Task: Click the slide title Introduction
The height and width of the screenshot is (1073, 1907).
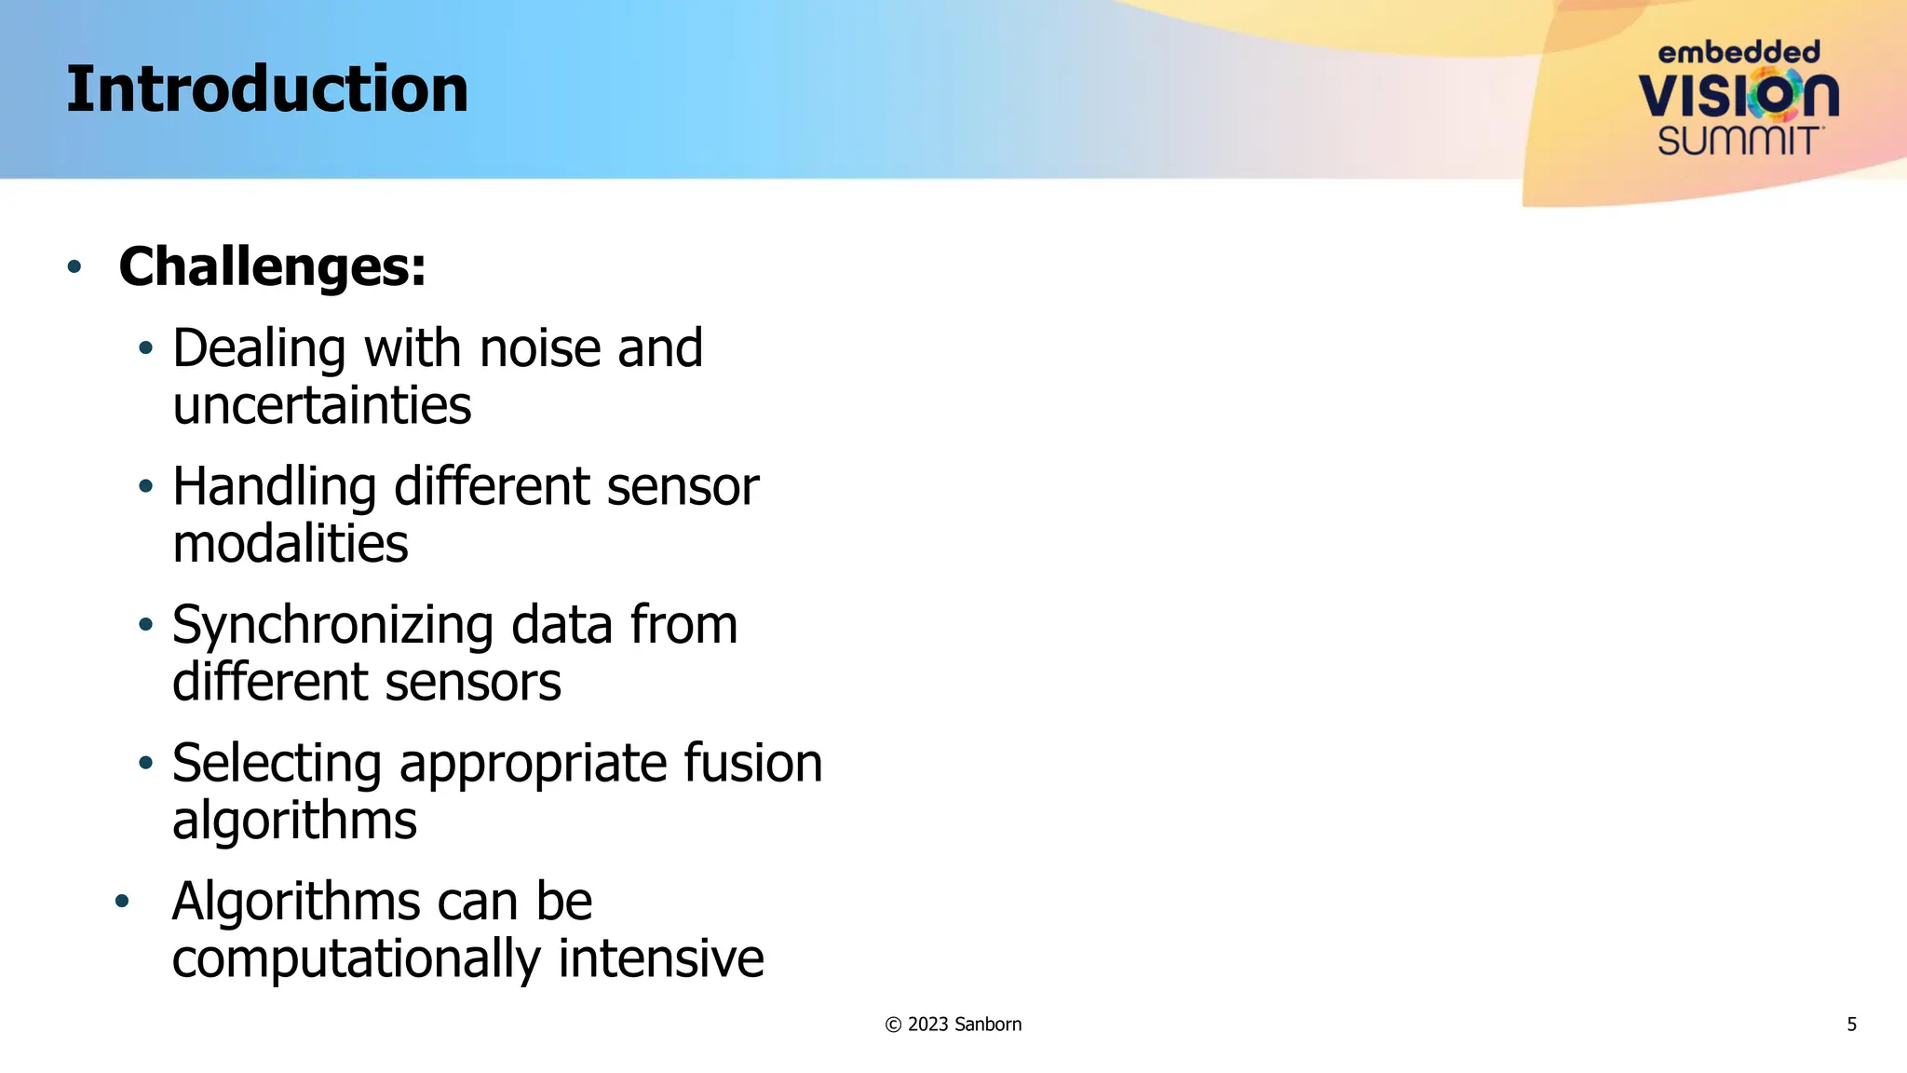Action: pyautogui.click(x=267, y=89)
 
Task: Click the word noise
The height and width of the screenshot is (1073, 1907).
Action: pyautogui.click(x=540, y=348)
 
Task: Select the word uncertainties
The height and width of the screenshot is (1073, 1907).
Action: pyautogui.click(x=322, y=406)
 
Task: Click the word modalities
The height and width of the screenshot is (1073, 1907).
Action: pyautogui.click(x=291, y=544)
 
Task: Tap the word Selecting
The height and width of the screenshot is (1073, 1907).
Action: pyautogui.click(x=277, y=764)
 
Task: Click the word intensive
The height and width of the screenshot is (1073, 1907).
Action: pyautogui.click(x=661, y=958)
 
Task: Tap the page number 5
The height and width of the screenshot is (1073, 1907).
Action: pyautogui.click(x=1851, y=1025)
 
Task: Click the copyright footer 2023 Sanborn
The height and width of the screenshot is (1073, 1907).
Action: pyautogui.click(x=953, y=1025)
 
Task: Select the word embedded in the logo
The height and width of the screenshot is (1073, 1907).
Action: pyautogui.click(x=1738, y=52)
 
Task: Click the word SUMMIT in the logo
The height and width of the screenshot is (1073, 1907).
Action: pyautogui.click(x=1738, y=142)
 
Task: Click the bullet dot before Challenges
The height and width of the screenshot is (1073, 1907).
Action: pyautogui.click(x=74, y=267)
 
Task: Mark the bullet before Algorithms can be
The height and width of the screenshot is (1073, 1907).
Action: pyautogui.click(x=122, y=902)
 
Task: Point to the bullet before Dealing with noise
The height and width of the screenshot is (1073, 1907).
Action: pyautogui.click(x=145, y=349)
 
